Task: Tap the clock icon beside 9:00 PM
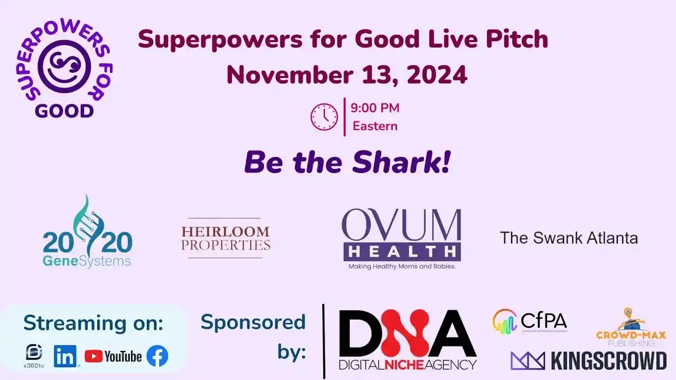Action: [x=324, y=117]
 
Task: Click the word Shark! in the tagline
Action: [x=401, y=163]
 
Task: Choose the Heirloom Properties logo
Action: [x=226, y=238]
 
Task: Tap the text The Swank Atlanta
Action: [x=569, y=237]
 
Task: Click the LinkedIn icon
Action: [x=65, y=357]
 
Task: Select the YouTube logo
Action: [x=113, y=357]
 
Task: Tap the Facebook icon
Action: [x=157, y=356]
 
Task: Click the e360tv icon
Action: [x=34, y=355]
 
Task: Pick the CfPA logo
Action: [x=530, y=322]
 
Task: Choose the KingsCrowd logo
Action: [x=588, y=360]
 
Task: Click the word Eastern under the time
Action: [x=375, y=126]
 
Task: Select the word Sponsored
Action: [x=253, y=322]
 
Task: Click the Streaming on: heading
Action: [x=93, y=322]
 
